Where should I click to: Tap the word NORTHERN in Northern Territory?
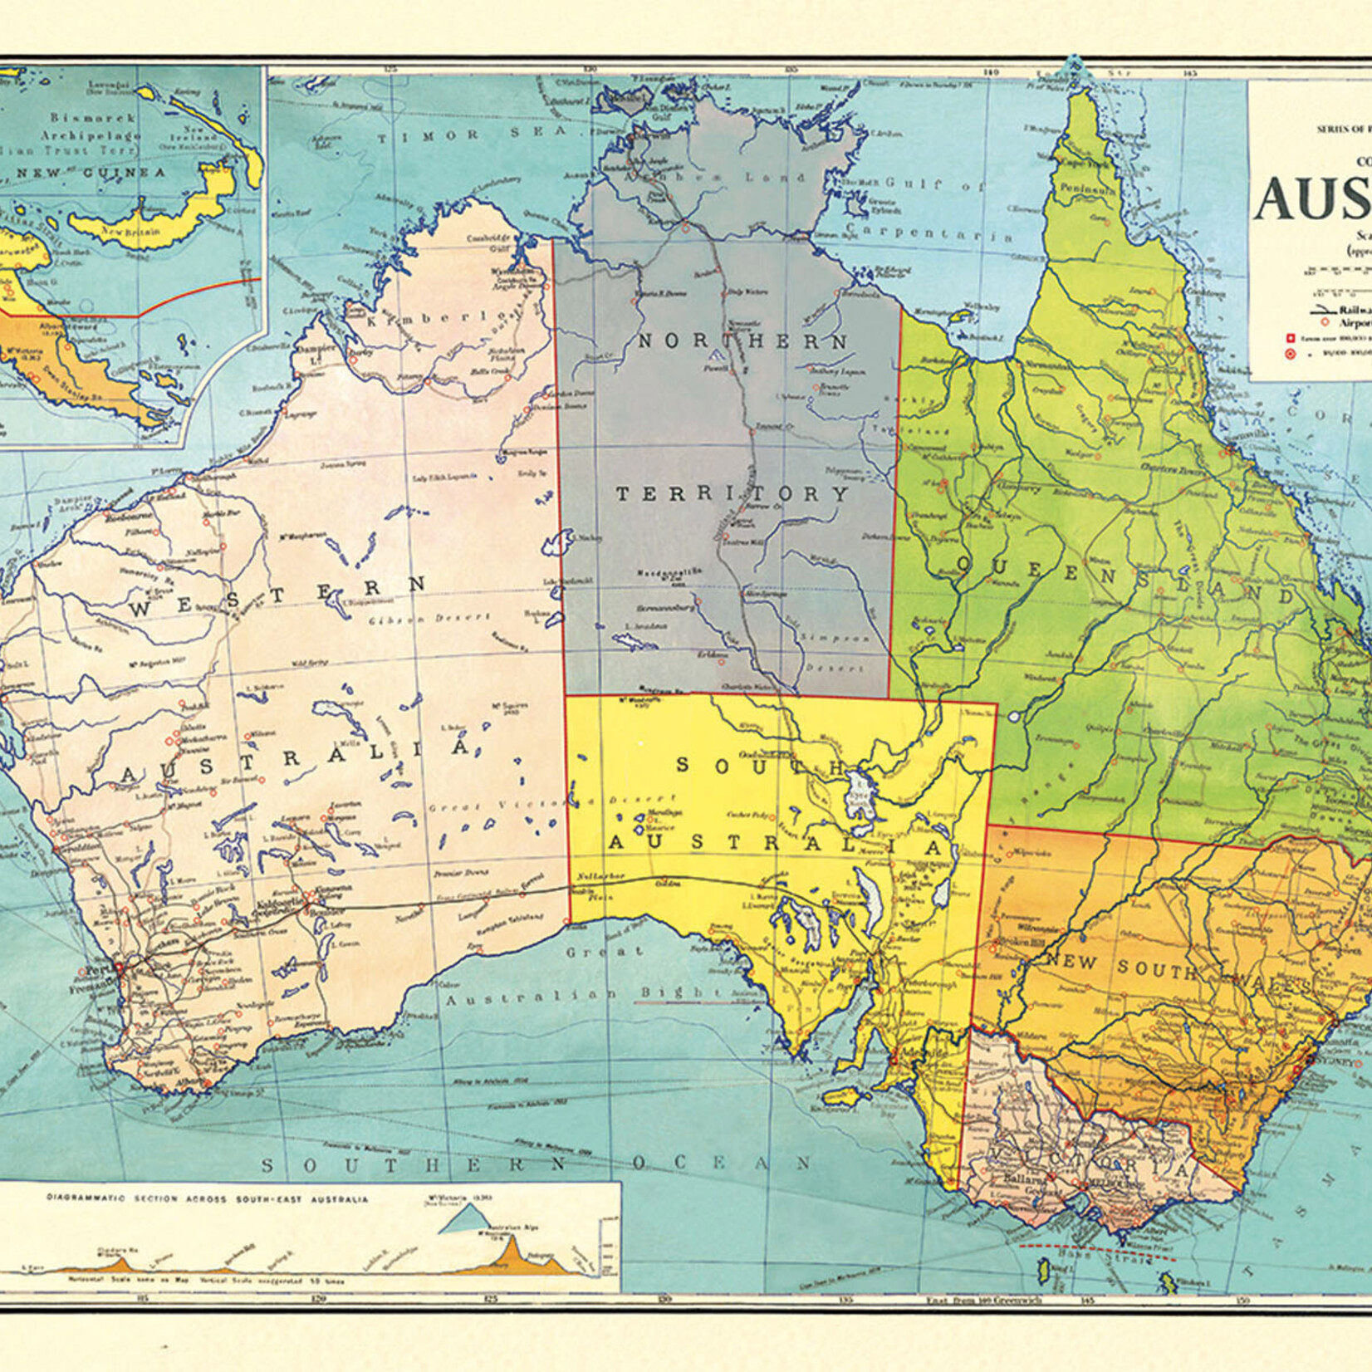coord(742,341)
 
